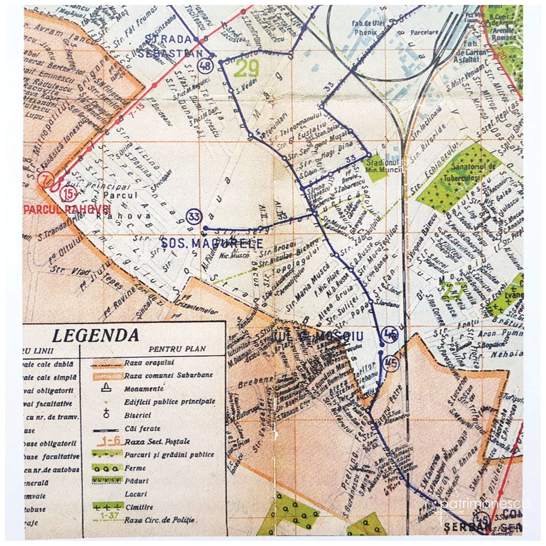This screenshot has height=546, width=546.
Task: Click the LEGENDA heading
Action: point(95,336)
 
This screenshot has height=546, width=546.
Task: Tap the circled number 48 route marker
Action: point(205,66)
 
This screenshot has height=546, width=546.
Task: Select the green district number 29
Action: point(246,69)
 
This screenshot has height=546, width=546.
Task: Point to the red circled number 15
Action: point(69,194)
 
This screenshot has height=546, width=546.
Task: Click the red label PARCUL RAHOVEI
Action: point(67,209)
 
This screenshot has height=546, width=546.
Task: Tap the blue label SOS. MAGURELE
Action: point(212,243)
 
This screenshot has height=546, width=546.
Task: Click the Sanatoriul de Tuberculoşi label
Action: point(469,172)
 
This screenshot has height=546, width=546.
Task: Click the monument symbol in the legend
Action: point(106,389)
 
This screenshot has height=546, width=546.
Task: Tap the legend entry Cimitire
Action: point(139,507)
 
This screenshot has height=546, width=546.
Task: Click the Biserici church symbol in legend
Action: point(106,415)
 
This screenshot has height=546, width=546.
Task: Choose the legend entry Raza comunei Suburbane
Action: point(168,375)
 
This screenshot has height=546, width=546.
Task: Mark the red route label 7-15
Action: point(137,107)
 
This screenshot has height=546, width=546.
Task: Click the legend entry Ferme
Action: point(135,468)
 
